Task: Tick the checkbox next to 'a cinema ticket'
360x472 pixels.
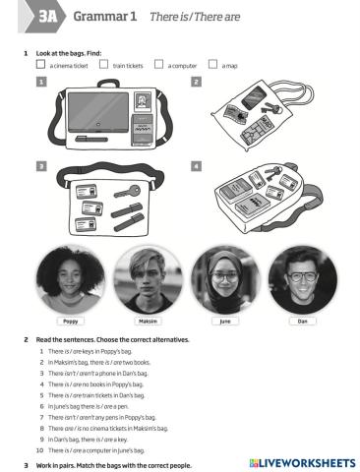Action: [x=40, y=65]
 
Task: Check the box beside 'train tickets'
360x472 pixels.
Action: [x=103, y=65]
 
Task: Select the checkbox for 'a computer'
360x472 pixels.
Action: [x=158, y=65]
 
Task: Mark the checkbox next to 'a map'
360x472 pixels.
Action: [x=213, y=65]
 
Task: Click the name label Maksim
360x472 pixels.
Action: [x=148, y=321]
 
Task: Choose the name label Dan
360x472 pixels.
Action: [x=302, y=321]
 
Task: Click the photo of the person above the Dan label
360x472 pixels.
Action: [x=302, y=278]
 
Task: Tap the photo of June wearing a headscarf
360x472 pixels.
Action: [x=225, y=278]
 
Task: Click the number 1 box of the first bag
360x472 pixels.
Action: [x=41, y=84]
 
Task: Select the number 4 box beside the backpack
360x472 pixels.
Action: [x=197, y=167]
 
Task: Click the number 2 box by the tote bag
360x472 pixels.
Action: [x=197, y=84]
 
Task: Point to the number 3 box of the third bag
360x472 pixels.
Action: [x=41, y=167]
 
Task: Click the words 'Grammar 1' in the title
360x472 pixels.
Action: [x=104, y=17]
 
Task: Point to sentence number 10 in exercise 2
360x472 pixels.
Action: [x=109, y=448]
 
